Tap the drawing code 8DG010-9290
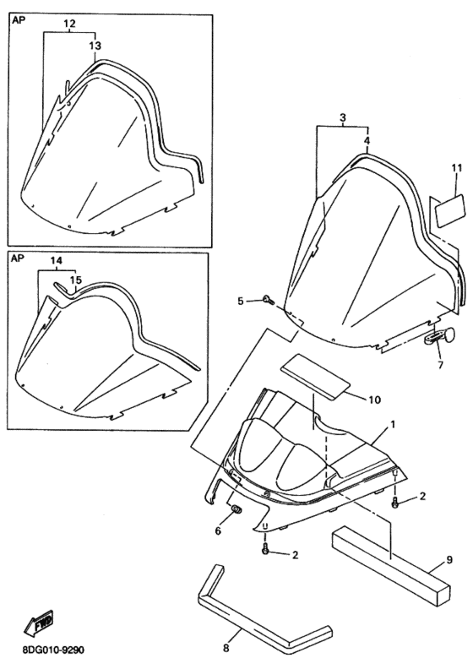point(53,650)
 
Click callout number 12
point(69,24)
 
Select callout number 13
point(95,45)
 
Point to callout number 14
point(57,260)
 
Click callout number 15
point(75,280)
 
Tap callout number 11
point(457,168)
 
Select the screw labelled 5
point(269,300)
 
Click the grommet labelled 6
point(236,509)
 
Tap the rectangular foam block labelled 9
point(390,564)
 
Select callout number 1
point(393,425)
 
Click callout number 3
point(343,117)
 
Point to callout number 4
point(367,140)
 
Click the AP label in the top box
point(19,20)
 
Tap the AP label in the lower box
point(18,258)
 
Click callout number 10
point(374,400)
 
